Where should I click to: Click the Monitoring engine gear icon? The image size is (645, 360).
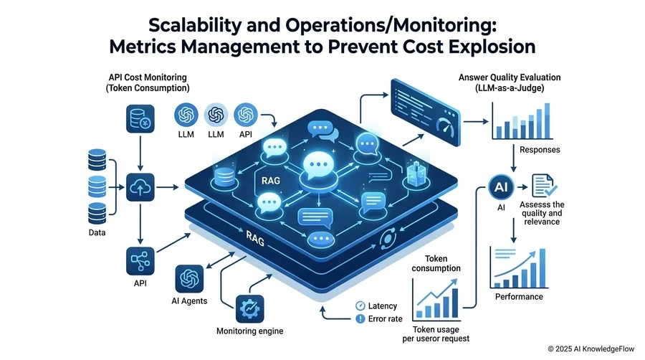[249, 309]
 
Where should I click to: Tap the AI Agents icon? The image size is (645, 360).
[189, 279]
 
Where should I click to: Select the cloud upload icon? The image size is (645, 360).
[140, 187]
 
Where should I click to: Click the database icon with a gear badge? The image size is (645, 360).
[140, 118]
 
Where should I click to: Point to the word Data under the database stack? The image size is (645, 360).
[97, 232]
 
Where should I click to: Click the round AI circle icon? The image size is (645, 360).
[501, 187]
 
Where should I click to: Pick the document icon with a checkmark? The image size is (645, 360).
[544, 186]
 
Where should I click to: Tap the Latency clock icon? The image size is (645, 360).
[360, 305]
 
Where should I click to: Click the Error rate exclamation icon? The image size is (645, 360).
[360, 319]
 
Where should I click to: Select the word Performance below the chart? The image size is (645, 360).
[519, 297]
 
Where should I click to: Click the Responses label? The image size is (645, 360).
[540, 150]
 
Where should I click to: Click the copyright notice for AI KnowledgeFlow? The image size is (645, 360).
[591, 349]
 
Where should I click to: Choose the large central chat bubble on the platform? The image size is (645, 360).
[318, 166]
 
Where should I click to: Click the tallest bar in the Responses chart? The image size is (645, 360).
[547, 120]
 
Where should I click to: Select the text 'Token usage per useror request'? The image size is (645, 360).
[436, 334]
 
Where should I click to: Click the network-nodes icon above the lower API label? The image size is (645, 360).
[140, 261]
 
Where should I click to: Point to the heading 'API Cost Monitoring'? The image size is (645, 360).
[148, 77]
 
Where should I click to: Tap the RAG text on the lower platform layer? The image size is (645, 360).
[255, 238]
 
